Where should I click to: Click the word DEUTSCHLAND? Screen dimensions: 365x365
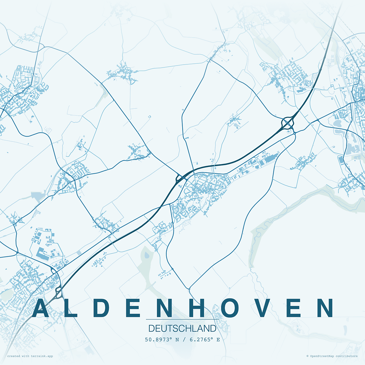click(182, 328)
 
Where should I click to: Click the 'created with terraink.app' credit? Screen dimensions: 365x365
click(30, 356)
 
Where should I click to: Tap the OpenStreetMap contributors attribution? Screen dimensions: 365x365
click(332, 356)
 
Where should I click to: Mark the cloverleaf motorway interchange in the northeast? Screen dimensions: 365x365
click(288, 123)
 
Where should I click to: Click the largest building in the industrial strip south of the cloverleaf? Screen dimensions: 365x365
click(269, 159)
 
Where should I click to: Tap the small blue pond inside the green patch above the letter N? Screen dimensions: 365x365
click(147, 255)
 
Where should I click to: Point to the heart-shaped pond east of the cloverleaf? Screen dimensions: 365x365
click(337, 123)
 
